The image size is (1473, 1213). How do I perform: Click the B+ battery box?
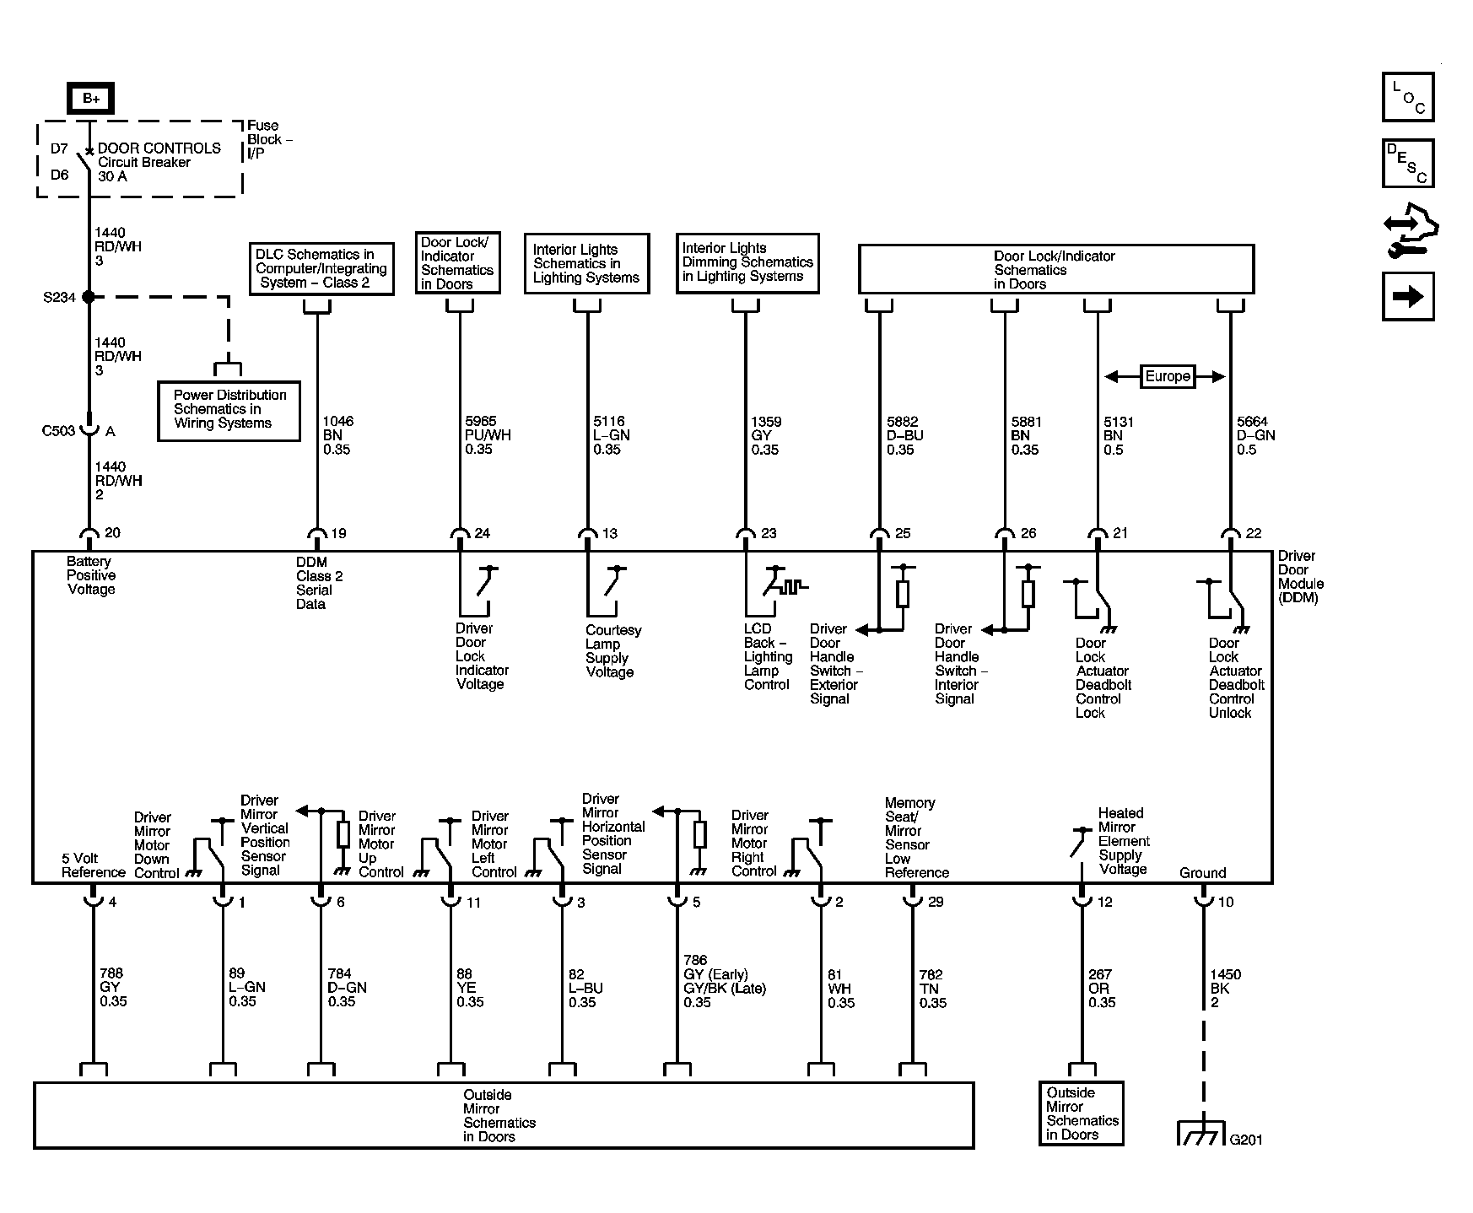90,99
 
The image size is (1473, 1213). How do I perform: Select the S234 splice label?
59,297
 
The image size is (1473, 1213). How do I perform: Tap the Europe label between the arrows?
1167,376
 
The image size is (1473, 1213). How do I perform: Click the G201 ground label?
1246,1140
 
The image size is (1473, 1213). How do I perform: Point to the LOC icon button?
1408,97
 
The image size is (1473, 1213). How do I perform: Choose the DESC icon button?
1408,164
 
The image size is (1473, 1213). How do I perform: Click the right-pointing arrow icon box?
1408,296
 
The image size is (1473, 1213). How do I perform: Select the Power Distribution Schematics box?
229,409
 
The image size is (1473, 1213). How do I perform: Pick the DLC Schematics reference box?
321,268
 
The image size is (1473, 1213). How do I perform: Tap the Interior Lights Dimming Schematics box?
747,262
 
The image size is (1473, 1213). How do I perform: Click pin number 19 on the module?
338,533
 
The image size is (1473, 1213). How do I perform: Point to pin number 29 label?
936,902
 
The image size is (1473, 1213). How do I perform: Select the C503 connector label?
58,431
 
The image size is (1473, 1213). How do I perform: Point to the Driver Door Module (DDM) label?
1300,577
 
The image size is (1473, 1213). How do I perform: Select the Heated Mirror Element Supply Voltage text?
1123,841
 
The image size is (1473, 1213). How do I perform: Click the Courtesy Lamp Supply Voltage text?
612,651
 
